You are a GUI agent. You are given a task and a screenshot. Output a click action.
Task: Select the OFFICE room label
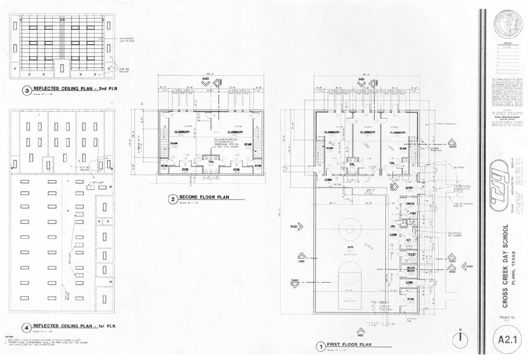(410, 203)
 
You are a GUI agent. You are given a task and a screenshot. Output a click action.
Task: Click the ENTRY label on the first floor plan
(392, 189)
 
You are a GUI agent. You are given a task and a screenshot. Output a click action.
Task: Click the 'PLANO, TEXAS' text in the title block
(515, 269)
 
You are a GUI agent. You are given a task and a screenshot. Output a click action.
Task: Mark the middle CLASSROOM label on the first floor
(367, 132)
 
